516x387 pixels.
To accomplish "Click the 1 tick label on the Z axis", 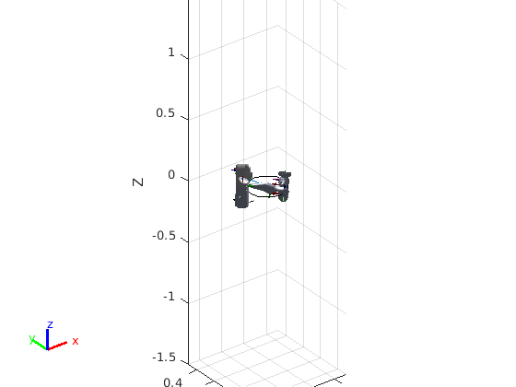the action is pos(171,53).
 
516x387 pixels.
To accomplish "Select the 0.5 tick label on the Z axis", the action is pos(166,112).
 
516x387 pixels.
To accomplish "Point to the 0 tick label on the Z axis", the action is pos(171,175).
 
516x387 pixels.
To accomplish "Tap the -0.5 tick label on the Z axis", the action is pos(164,236).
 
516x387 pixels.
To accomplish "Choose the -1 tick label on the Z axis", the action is pos(170,297).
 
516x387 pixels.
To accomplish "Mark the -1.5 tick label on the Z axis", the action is pos(164,358).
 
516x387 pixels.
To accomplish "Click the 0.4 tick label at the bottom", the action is pos(173,382).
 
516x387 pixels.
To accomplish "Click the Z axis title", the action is pos(138,182).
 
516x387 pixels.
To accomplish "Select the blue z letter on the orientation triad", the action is pos(50,324).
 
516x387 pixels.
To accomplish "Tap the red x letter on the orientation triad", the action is pos(76,341).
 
